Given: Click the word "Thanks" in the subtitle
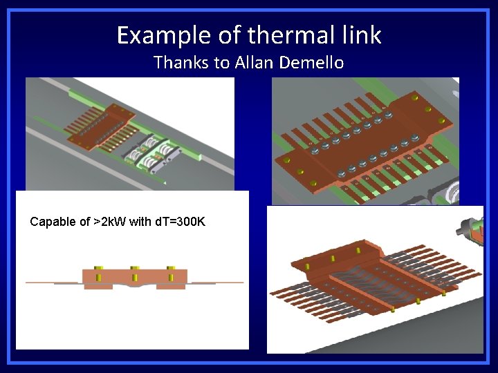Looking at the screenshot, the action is pos(182,63).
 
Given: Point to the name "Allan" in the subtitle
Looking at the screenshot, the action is pos(256,63).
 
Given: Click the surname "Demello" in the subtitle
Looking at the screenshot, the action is pos(311,63).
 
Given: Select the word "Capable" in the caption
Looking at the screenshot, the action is pos(51,222).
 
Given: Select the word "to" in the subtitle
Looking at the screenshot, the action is pos(222,63).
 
